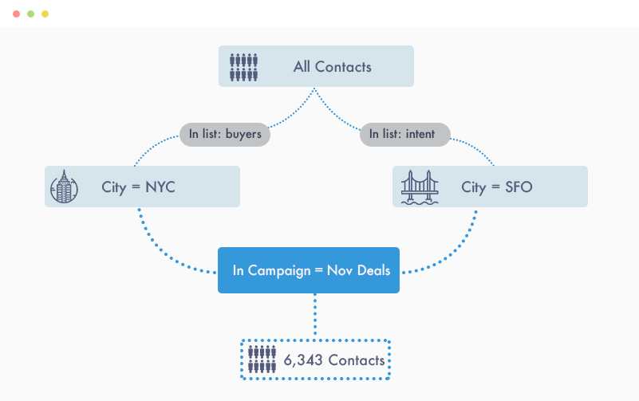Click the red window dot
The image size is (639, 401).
[x=16, y=14]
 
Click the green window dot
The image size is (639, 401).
[x=30, y=14]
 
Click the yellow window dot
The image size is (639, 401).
[x=45, y=14]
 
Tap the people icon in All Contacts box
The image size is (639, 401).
[x=243, y=67]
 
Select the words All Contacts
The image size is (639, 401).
[x=332, y=67]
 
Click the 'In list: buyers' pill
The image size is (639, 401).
[x=225, y=134]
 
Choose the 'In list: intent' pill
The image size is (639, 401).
[x=405, y=134]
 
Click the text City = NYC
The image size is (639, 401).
[x=138, y=188]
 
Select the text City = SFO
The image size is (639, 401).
[x=496, y=188]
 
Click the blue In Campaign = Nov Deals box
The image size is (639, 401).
[x=309, y=270]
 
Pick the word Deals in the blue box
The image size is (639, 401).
[x=372, y=271]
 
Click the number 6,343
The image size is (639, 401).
[x=303, y=361]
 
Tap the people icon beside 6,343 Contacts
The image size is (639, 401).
[x=262, y=360]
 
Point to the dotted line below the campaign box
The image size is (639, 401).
[x=314, y=316]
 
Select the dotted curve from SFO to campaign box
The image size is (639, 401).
[x=459, y=252]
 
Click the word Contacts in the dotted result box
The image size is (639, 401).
[x=356, y=361]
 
